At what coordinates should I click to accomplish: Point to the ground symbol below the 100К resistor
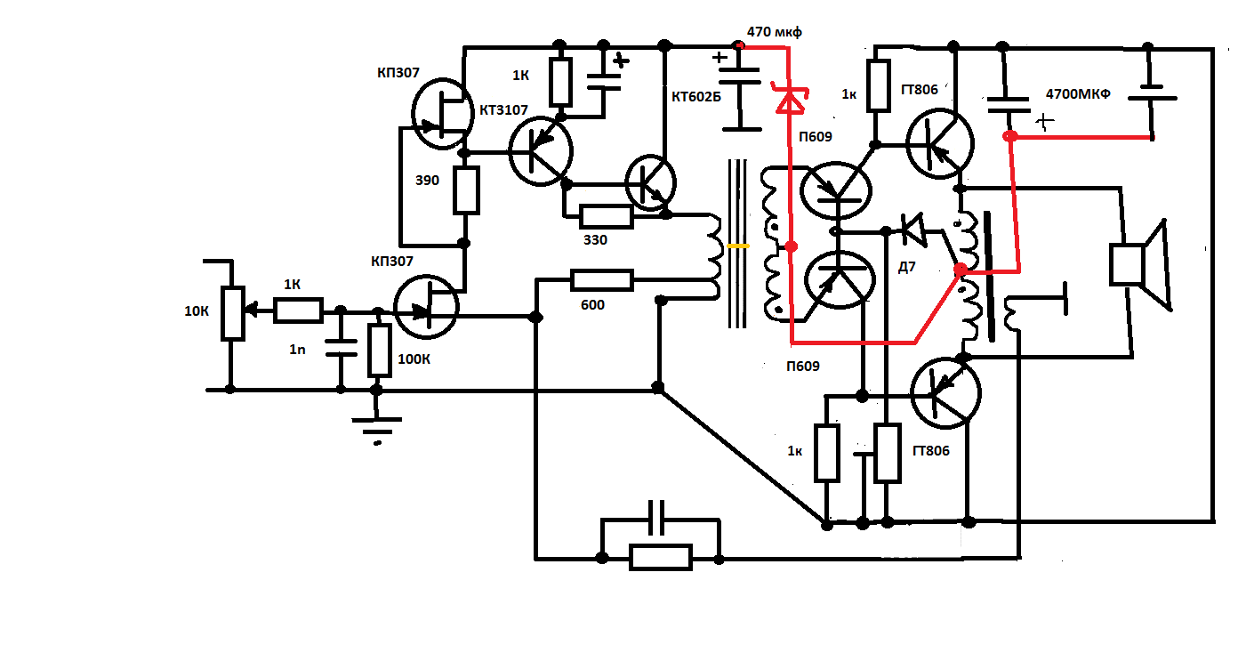point(378,424)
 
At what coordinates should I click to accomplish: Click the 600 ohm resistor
point(602,281)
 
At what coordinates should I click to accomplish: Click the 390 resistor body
point(466,190)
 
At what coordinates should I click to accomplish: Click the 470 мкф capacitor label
point(774,32)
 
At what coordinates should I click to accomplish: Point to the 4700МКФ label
point(1078,93)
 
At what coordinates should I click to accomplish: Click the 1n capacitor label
point(296,350)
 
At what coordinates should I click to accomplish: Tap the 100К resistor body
point(380,351)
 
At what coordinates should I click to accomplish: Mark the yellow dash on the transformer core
point(737,245)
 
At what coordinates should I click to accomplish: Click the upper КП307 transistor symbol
point(442,114)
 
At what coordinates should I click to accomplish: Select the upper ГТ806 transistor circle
point(939,141)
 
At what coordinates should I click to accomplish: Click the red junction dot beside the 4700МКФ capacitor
point(1010,137)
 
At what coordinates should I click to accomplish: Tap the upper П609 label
point(816,136)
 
